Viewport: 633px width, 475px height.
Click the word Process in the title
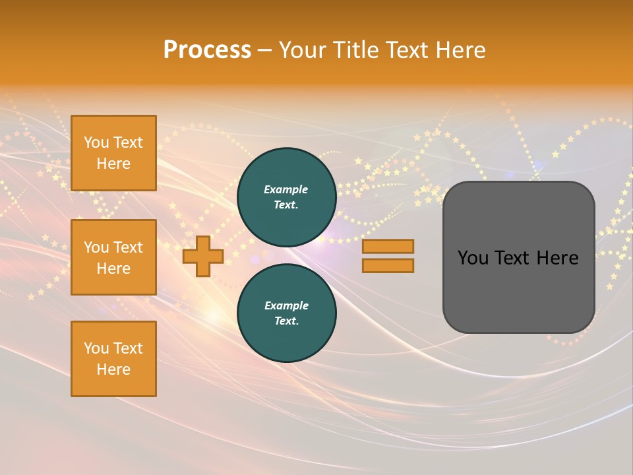tap(207, 50)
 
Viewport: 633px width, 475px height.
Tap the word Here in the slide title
tap(460, 50)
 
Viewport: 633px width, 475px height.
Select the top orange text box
tap(113, 153)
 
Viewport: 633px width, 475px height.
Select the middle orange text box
tap(113, 257)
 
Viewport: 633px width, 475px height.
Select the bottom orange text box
tap(113, 359)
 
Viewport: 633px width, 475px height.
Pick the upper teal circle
tap(286, 197)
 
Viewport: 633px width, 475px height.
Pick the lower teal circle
tap(286, 313)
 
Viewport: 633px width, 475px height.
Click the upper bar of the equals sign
tap(388, 247)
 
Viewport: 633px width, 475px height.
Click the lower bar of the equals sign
tap(388, 266)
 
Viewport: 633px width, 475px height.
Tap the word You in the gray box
tap(473, 258)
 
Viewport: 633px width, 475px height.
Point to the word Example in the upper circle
tap(286, 190)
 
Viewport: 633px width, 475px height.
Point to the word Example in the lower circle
tap(286, 306)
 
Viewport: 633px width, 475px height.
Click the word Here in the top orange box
tap(113, 164)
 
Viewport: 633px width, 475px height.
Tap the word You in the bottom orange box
tap(96, 348)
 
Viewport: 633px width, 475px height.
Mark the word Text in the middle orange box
tap(128, 247)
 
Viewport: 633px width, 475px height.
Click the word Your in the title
tap(301, 50)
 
